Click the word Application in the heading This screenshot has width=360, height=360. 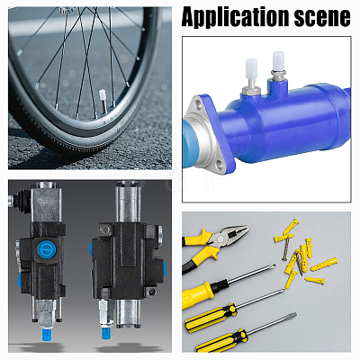[x=236, y=17]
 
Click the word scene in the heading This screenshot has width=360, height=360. [x=322, y=17]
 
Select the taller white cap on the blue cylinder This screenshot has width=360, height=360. [x=278, y=61]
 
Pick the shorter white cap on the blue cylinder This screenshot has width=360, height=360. [x=251, y=68]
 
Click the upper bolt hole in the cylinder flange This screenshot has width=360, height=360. [x=197, y=104]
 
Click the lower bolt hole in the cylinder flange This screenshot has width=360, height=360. [x=220, y=165]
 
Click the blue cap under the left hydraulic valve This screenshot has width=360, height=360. [x=47, y=335]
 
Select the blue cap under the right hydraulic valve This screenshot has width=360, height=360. [x=106, y=333]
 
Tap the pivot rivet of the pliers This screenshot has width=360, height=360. [x=220, y=239]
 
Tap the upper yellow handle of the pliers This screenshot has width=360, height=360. [x=197, y=236]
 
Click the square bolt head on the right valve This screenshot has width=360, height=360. [x=105, y=229]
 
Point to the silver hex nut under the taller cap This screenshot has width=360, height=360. [x=278, y=74]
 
